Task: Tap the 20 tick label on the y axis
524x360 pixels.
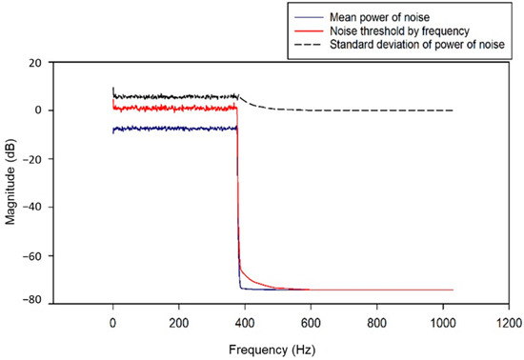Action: click(34, 62)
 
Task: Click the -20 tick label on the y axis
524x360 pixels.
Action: click(31, 159)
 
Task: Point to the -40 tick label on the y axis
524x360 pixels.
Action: click(31, 208)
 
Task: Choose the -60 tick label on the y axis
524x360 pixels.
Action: click(31, 256)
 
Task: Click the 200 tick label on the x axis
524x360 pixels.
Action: click(178, 322)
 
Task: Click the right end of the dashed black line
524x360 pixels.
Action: click(453, 110)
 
